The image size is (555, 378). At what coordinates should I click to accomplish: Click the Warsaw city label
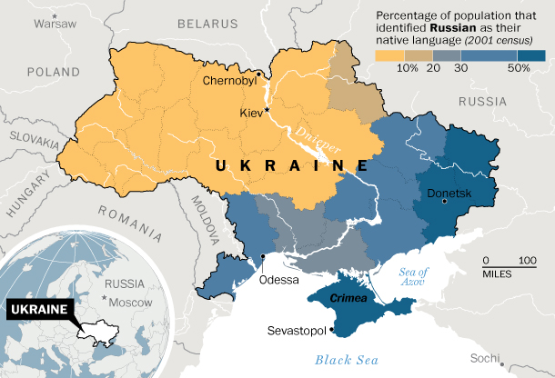[x=57, y=25]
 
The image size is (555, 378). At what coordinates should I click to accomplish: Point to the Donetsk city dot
[x=445, y=202]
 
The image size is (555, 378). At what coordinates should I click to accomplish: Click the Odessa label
[x=279, y=280]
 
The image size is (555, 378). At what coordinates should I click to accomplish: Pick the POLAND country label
[x=53, y=71]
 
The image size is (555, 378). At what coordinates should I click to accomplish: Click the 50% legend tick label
[x=519, y=68]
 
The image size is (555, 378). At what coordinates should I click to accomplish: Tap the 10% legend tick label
[x=408, y=68]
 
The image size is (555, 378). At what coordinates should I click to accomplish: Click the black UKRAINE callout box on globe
[x=39, y=309]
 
